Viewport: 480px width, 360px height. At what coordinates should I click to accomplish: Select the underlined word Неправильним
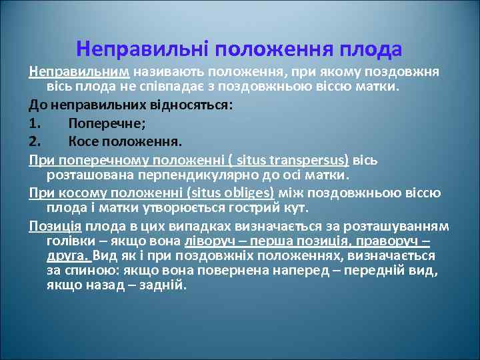tap(79, 71)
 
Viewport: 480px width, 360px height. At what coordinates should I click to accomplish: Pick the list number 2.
tap(35, 141)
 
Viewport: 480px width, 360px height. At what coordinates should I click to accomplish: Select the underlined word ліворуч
tap(207, 241)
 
